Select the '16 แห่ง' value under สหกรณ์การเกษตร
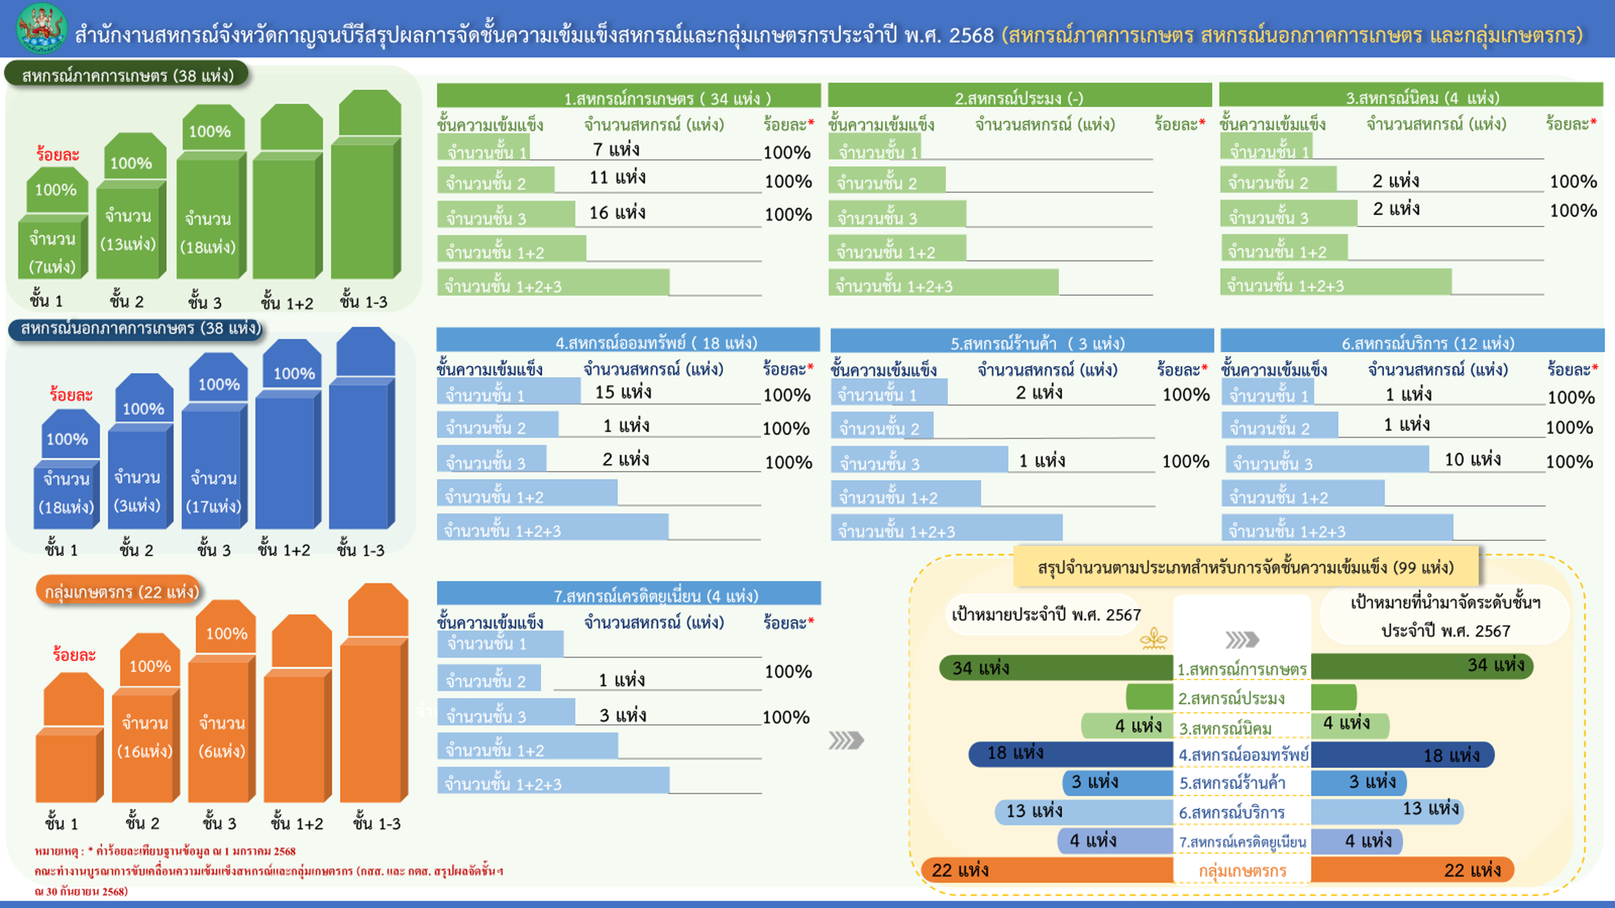[x=617, y=212]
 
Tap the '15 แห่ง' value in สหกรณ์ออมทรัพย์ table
[x=623, y=392]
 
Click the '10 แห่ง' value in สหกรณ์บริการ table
[x=1473, y=460]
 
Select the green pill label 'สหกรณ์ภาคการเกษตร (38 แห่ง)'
[x=127, y=75]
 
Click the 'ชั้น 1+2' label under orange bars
[x=297, y=823]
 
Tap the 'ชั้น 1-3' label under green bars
[x=364, y=301]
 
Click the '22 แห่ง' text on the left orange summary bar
[x=960, y=870]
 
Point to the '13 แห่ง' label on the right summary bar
[x=1431, y=808]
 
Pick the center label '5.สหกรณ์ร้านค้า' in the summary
[x=1232, y=783]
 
